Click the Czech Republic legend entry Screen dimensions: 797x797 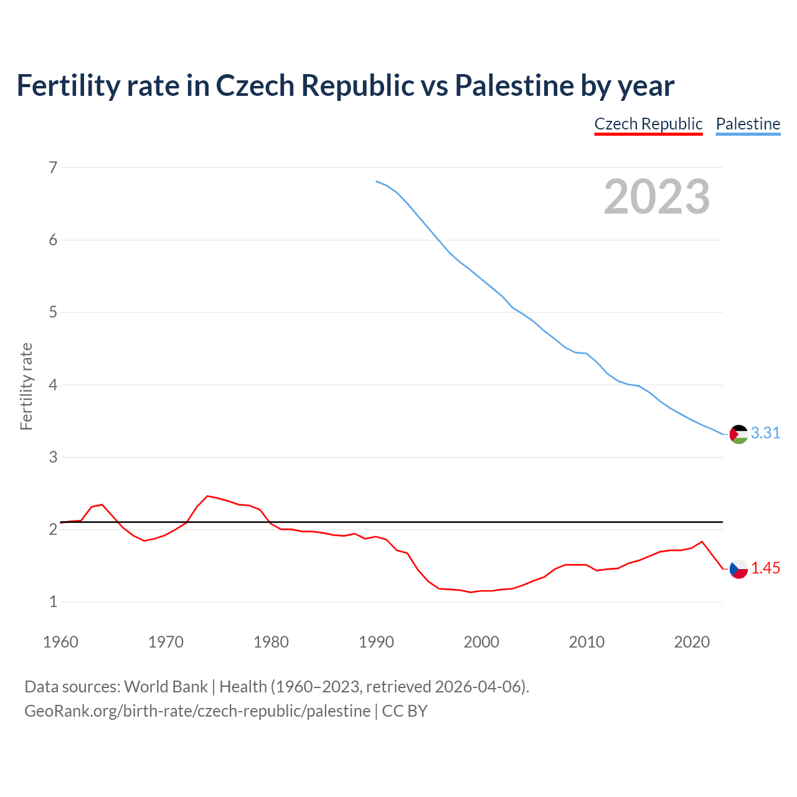pyautogui.click(x=648, y=124)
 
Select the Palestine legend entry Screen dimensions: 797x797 pyautogui.click(x=748, y=124)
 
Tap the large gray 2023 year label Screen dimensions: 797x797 pyautogui.click(x=657, y=197)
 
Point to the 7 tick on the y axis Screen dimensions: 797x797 pyautogui.click(x=53, y=167)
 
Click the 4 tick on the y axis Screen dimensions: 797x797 pyautogui.click(x=53, y=385)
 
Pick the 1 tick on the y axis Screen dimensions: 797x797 pyautogui.click(x=53, y=602)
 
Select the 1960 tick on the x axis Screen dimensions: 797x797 pyautogui.click(x=60, y=642)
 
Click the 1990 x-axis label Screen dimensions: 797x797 pyautogui.click(x=376, y=642)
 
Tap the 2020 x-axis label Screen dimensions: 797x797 pyautogui.click(x=692, y=642)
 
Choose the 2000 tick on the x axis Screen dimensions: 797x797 pyautogui.click(x=481, y=642)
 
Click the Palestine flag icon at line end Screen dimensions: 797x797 pyautogui.click(x=738, y=434)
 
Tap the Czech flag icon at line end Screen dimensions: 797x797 pyautogui.click(x=738, y=568)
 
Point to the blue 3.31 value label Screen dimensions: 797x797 pyautogui.click(x=765, y=433)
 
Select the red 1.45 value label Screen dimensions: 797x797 pyautogui.click(x=765, y=568)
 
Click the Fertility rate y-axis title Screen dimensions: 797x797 pyautogui.click(x=26, y=386)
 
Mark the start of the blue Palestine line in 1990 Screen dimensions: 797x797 pyautogui.click(x=377, y=181)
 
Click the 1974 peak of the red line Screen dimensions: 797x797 pyautogui.click(x=207, y=496)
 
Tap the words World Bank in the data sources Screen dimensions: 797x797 pyautogui.click(x=166, y=687)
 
